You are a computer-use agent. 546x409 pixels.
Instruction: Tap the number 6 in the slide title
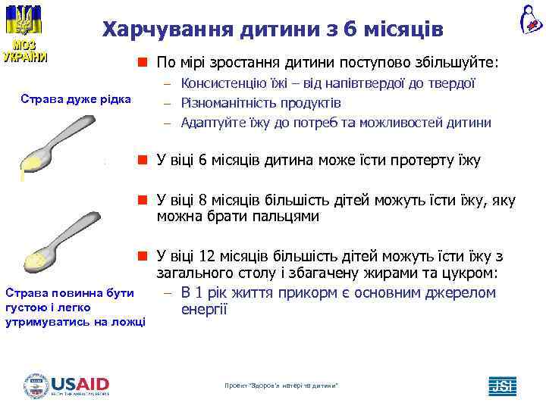(x=350, y=30)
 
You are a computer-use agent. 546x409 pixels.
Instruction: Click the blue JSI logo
(x=502, y=386)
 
